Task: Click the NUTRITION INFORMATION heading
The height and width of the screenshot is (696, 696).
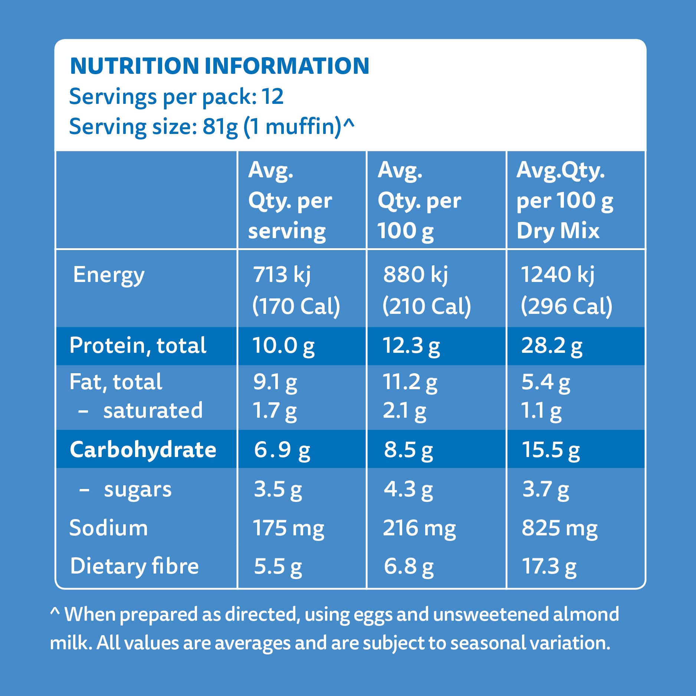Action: (219, 66)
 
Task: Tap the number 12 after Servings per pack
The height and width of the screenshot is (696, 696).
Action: (273, 96)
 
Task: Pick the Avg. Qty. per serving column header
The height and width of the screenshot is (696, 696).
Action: (290, 201)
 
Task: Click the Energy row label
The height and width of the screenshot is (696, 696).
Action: (109, 275)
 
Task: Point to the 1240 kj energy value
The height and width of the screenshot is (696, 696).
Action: (557, 275)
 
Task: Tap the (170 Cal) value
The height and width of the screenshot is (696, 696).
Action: (296, 306)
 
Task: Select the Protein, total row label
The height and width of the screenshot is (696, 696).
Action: (138, 346)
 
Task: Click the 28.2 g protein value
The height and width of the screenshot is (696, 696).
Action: (551, 346)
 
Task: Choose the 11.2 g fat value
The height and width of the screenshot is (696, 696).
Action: (410, 382)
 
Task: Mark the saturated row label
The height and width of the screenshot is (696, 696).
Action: (153, 411)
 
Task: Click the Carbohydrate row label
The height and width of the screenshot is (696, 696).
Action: (143, 450)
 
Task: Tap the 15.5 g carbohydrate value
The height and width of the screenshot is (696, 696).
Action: (551, 450)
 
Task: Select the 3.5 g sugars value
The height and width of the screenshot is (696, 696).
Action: (278, 489)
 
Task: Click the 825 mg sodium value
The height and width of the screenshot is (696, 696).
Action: (559, 528)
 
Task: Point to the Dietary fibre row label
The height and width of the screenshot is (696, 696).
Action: (134, 566)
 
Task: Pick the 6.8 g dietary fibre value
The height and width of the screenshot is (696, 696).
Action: (408, 566)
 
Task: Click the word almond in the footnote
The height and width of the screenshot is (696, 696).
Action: (586, 614)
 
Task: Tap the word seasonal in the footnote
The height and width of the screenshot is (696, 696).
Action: (488, 643)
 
